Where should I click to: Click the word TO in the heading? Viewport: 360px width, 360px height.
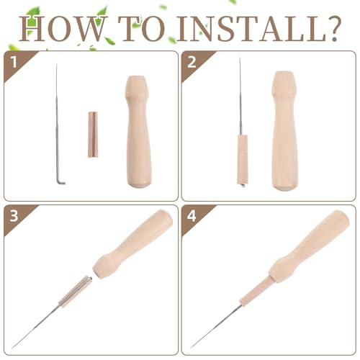[x=141, y=28]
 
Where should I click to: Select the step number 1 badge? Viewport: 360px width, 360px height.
[x=14, y=62]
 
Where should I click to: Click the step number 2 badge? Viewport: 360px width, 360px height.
[x=192, y=62]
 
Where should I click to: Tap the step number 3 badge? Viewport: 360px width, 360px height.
[x=14, y=215]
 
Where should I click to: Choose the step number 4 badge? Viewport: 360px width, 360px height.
[x=192, y=215]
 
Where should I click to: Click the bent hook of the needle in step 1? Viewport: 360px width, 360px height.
[x=60, y=182]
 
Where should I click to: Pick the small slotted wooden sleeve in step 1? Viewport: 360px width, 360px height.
[x=93, y=135]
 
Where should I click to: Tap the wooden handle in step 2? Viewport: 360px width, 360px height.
[x=285, y=131]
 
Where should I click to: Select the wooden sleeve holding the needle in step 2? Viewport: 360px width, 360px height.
[x=243, y=159]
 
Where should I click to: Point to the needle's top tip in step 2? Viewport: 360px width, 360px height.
[x=240, y=57]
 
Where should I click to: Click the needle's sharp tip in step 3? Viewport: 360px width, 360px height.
[x=12, y=348]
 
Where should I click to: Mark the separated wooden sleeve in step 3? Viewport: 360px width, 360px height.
[x=76, y=292]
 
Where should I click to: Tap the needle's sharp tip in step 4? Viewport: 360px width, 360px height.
[x=191, y=348]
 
